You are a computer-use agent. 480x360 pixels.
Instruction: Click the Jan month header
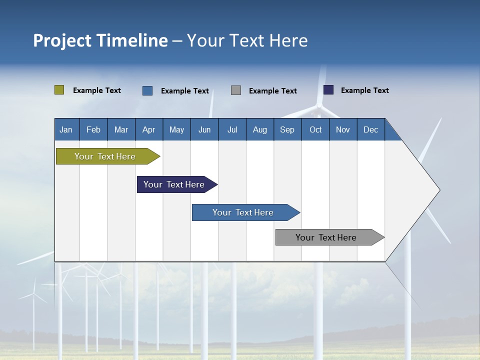66,129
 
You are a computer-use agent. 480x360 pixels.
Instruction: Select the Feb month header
93,129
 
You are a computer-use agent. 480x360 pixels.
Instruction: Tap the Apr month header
149,129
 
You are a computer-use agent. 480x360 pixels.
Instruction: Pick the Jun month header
204,129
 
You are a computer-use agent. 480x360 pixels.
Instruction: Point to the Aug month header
260,129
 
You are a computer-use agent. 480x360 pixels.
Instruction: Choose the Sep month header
287,129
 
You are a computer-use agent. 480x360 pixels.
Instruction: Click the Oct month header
315,129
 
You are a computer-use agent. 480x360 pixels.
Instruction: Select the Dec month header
371,129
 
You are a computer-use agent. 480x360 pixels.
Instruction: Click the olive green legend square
59,90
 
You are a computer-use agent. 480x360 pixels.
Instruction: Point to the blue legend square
147,90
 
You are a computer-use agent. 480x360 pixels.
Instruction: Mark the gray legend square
236,90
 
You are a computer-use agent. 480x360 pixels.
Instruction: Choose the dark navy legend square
328,90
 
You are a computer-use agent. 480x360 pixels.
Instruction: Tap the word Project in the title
62,40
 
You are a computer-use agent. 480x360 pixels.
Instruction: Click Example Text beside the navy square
364,90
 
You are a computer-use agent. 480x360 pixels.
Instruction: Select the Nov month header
343,129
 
